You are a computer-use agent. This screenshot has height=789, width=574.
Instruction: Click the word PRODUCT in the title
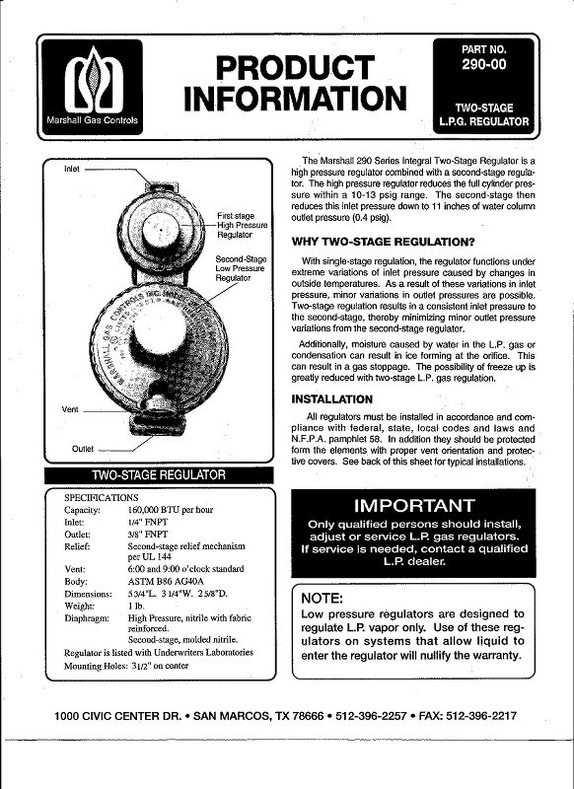(296, 69)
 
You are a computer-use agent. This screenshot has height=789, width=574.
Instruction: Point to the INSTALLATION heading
(331, 399)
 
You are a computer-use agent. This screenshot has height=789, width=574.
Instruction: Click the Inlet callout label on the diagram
(72, 169)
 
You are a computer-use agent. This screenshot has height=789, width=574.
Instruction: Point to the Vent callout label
(70, 408)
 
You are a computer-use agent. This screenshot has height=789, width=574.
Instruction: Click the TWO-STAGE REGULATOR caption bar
(159, 475)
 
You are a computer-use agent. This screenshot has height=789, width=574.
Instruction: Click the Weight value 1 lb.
(138, 606)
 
